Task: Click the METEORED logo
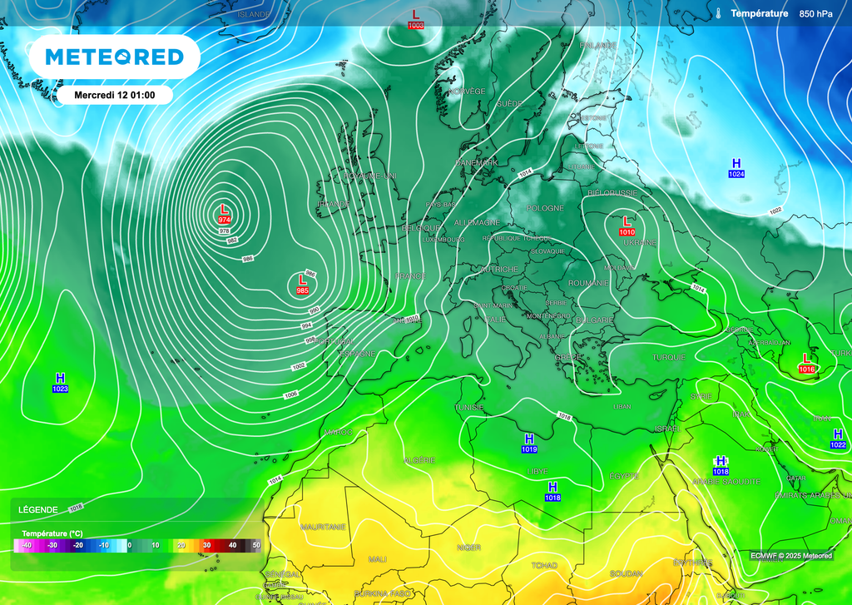pyautogui.click(x=114, y=57)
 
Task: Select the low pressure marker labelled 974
pyautogui.click(x=224, y=214)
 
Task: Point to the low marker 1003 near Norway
pyautogui.click(x=416, y=19)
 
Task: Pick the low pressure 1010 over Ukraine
pyautogui.click(x=627, y=226)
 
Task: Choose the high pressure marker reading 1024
pyautogui.click(x=736, y=167)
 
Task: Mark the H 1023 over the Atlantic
pyautogui.click(x=60, y=383)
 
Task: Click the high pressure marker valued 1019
pyautogui.click(x=529, y=443)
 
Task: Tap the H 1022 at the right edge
pyautogui.click(x=838, y=439)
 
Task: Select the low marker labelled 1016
pyautogui.click(x=805, y=362)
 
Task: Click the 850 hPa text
pyautogui.click(x=815, y=13)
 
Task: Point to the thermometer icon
pyautogui.click(x=716, y=13)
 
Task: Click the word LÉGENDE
pyautogui.click(x=39, y=509)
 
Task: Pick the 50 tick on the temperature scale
pyautogui.click(x=256, y=545)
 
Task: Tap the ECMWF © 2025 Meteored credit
pyautogui.click(x=790, y=556)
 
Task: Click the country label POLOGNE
pyautogui.click(x=544, y=208)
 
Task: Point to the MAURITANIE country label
pyautogui.click(x=323, y=527)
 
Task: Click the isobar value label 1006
pyautogui.click(x=290, y=394)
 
